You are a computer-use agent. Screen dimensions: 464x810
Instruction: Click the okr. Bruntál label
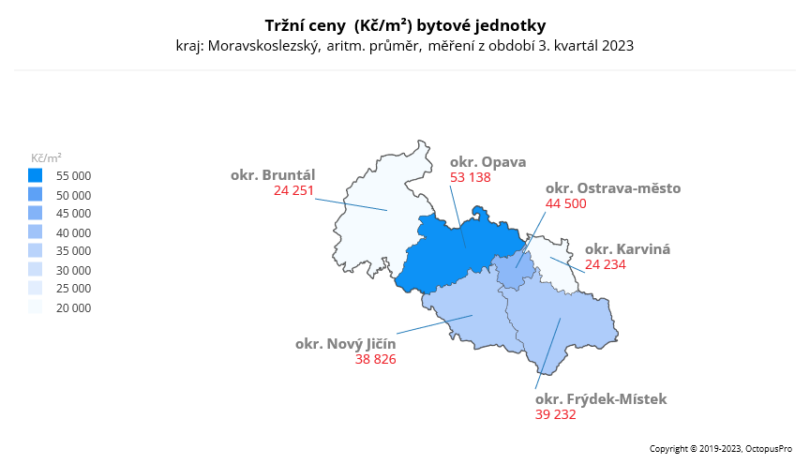click(x=273, y=174)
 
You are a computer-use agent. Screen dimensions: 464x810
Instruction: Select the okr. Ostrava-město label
click(x=613, y=188)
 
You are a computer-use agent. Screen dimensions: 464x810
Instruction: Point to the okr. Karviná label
click(x=627, y=249)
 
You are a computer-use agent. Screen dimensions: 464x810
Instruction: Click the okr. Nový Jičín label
click(x=346, y=343)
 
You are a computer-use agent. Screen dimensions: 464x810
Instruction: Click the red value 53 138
click(x=471, y=176)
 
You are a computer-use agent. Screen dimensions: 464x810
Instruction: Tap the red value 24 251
click(x=294, y=189)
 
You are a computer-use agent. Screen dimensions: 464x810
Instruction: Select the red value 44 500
click(x=566, y=203)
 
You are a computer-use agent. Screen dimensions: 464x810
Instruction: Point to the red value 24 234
click(x=606, y=264)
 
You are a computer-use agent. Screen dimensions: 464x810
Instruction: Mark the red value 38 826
click(x=376, y=358)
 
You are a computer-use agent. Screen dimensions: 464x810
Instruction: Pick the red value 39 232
click(x=556, y=414)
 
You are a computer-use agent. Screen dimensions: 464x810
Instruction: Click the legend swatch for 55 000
click(x=36, y=175)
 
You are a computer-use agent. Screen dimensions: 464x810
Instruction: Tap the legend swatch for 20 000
click(x=36, y=307)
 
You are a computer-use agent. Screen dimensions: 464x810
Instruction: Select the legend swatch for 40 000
click(x=36, y=232)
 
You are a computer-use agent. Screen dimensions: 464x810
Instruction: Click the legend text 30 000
click(x=73, y=270)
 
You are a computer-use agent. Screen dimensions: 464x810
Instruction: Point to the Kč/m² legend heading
click(x=47, y=157)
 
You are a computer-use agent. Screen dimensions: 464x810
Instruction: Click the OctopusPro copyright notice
click(x=722, y=449)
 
